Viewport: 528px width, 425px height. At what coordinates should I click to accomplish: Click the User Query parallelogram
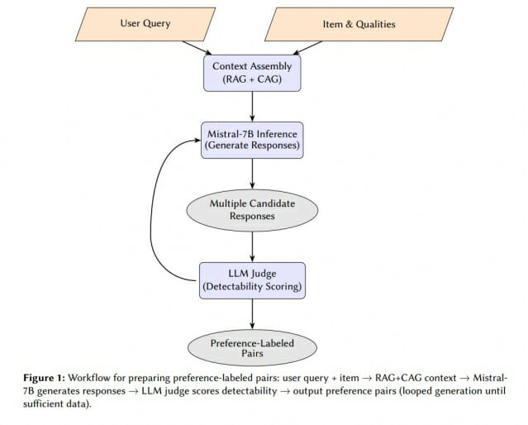point(145,24)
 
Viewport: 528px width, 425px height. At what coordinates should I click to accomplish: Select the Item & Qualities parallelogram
point(359,24)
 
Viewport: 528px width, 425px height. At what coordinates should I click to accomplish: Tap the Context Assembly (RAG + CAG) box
point(252,73)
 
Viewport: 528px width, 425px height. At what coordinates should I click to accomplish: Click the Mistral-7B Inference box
point(252,141)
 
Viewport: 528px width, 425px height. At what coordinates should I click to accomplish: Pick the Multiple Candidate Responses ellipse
point(252,210)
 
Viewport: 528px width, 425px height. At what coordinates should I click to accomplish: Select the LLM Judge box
point(252,281)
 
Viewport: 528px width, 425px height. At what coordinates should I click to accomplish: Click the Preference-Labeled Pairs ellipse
point(252,348)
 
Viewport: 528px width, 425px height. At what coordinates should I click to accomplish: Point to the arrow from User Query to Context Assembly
point(197,48)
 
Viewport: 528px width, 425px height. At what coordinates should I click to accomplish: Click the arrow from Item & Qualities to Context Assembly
point(307,48)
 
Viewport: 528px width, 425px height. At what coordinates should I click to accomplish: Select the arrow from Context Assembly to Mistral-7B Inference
point(252,107)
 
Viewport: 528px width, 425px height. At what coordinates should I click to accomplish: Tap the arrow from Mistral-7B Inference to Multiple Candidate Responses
point(252,174)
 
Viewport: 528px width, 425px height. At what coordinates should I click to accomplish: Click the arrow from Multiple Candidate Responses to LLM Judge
point(252,247)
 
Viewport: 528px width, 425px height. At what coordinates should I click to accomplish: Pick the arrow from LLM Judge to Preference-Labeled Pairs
point(252,314)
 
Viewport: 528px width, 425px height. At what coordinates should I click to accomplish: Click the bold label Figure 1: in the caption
point(44,378)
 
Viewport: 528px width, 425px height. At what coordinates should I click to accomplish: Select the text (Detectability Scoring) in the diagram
point(252,286)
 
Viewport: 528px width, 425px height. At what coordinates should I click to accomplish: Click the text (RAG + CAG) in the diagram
point(252,79)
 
